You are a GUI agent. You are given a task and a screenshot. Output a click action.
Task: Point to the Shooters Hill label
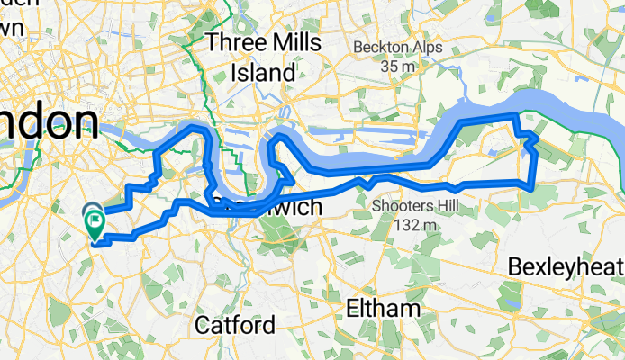(413, 206)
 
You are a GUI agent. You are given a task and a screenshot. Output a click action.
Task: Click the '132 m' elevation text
(413, 224)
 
